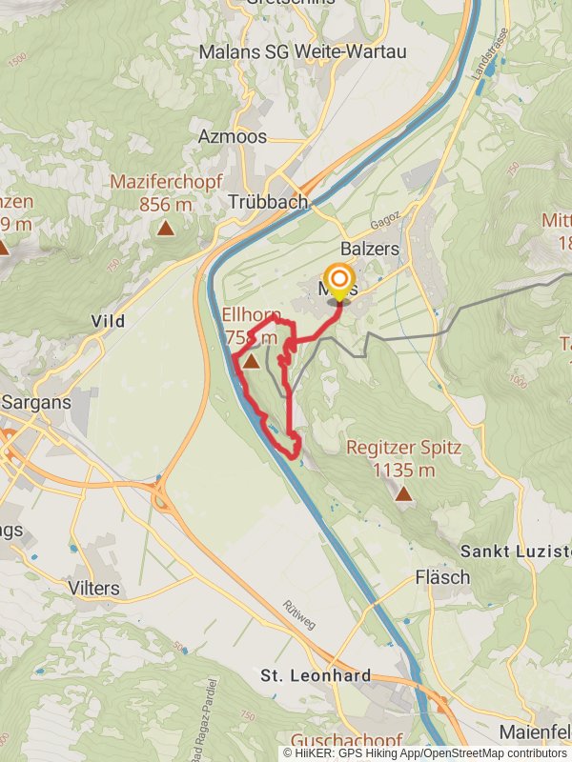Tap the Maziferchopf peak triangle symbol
coord(166,228)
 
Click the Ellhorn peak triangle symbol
coord(251,362)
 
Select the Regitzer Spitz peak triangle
coord(404,493)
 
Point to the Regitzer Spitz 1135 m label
coord(403,457)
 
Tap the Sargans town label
coord(36,402)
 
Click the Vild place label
coord(108,321)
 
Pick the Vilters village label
coord(94,588)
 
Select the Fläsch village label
coord(442,577)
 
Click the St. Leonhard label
coord(316,675)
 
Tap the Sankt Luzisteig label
coord(515,551)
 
